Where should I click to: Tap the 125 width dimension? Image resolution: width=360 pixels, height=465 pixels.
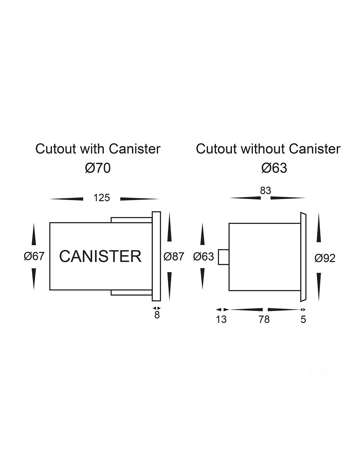pos(102,198)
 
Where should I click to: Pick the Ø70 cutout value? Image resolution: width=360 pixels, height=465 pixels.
pos(98,168)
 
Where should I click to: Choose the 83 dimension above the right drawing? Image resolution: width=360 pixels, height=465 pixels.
pos(265,190)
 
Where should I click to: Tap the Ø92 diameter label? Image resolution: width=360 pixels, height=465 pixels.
pos(325,259)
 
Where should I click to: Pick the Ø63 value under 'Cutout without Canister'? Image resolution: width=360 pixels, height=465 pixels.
pos(274,168)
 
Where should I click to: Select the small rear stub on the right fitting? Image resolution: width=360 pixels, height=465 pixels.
pos(224,257)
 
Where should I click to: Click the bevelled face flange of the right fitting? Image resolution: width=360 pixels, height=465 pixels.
pos(303,257)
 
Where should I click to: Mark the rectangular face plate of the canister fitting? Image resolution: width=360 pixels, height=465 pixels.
pos(156,256)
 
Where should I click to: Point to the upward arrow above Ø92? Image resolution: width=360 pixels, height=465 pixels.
pos(319,228)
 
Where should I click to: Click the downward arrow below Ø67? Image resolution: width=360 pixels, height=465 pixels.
pos(34,279)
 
